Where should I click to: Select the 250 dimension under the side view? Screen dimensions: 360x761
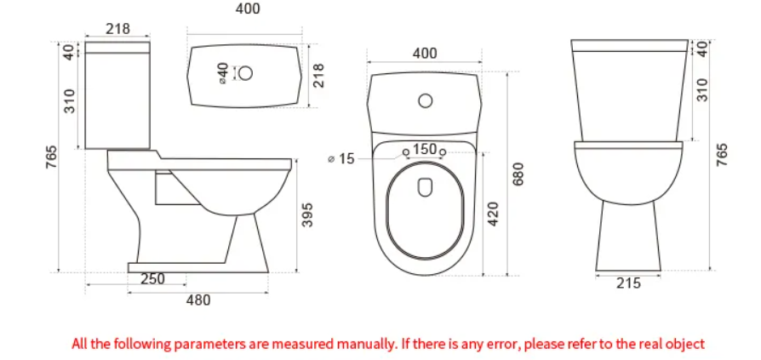coord(152,279)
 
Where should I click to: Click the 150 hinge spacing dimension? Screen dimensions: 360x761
coord(425,150)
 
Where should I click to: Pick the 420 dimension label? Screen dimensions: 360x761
coord(492,214)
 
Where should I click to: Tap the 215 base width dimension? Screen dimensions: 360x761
coord(628,284)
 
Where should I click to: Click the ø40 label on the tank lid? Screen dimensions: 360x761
coord(223,72)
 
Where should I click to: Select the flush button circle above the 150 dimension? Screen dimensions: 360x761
coord(425,102)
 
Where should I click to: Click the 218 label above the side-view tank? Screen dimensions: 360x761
coord(117,29)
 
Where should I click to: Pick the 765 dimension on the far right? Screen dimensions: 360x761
coord(723,155)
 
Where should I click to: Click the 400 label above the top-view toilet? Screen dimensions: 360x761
coord(425,54)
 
